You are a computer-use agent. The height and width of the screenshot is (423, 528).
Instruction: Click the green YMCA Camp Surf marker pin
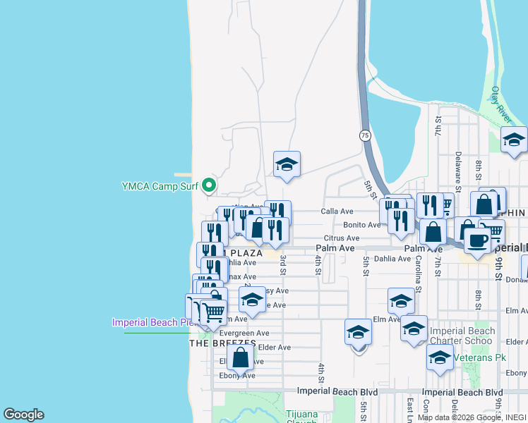(208, 186)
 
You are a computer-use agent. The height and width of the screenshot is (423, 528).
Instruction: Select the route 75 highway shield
(364, 135)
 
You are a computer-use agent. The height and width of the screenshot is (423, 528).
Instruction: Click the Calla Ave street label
(337, 211)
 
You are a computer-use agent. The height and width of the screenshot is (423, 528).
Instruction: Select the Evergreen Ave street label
(244, 333)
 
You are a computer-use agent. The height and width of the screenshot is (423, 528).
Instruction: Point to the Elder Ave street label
(274, 348)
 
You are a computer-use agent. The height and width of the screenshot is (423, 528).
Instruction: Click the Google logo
(23, 415)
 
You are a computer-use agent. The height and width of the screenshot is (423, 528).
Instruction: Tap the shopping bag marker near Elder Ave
(240, 357)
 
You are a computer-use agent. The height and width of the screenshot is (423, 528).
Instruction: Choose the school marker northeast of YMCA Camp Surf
(287, 166)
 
